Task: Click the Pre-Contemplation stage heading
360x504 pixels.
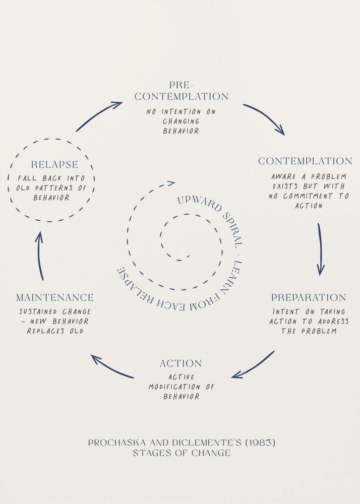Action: coord(182,91)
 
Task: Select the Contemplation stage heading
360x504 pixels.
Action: coord(305,161)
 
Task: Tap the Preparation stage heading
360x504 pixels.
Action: coord(309,297)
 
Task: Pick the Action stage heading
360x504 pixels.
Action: coord(181,363)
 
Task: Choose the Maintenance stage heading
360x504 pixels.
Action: coord(54,297)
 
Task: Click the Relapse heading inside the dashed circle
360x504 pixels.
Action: coord(54,165)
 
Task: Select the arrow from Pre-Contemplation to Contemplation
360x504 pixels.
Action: coord(264,119)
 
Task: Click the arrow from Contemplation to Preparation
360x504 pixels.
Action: coord(320,249)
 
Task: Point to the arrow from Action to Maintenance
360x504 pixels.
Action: coord(112,367)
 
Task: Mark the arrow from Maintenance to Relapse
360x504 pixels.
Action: coord(40,256)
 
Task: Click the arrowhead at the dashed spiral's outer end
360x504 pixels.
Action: coord(171,183)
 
